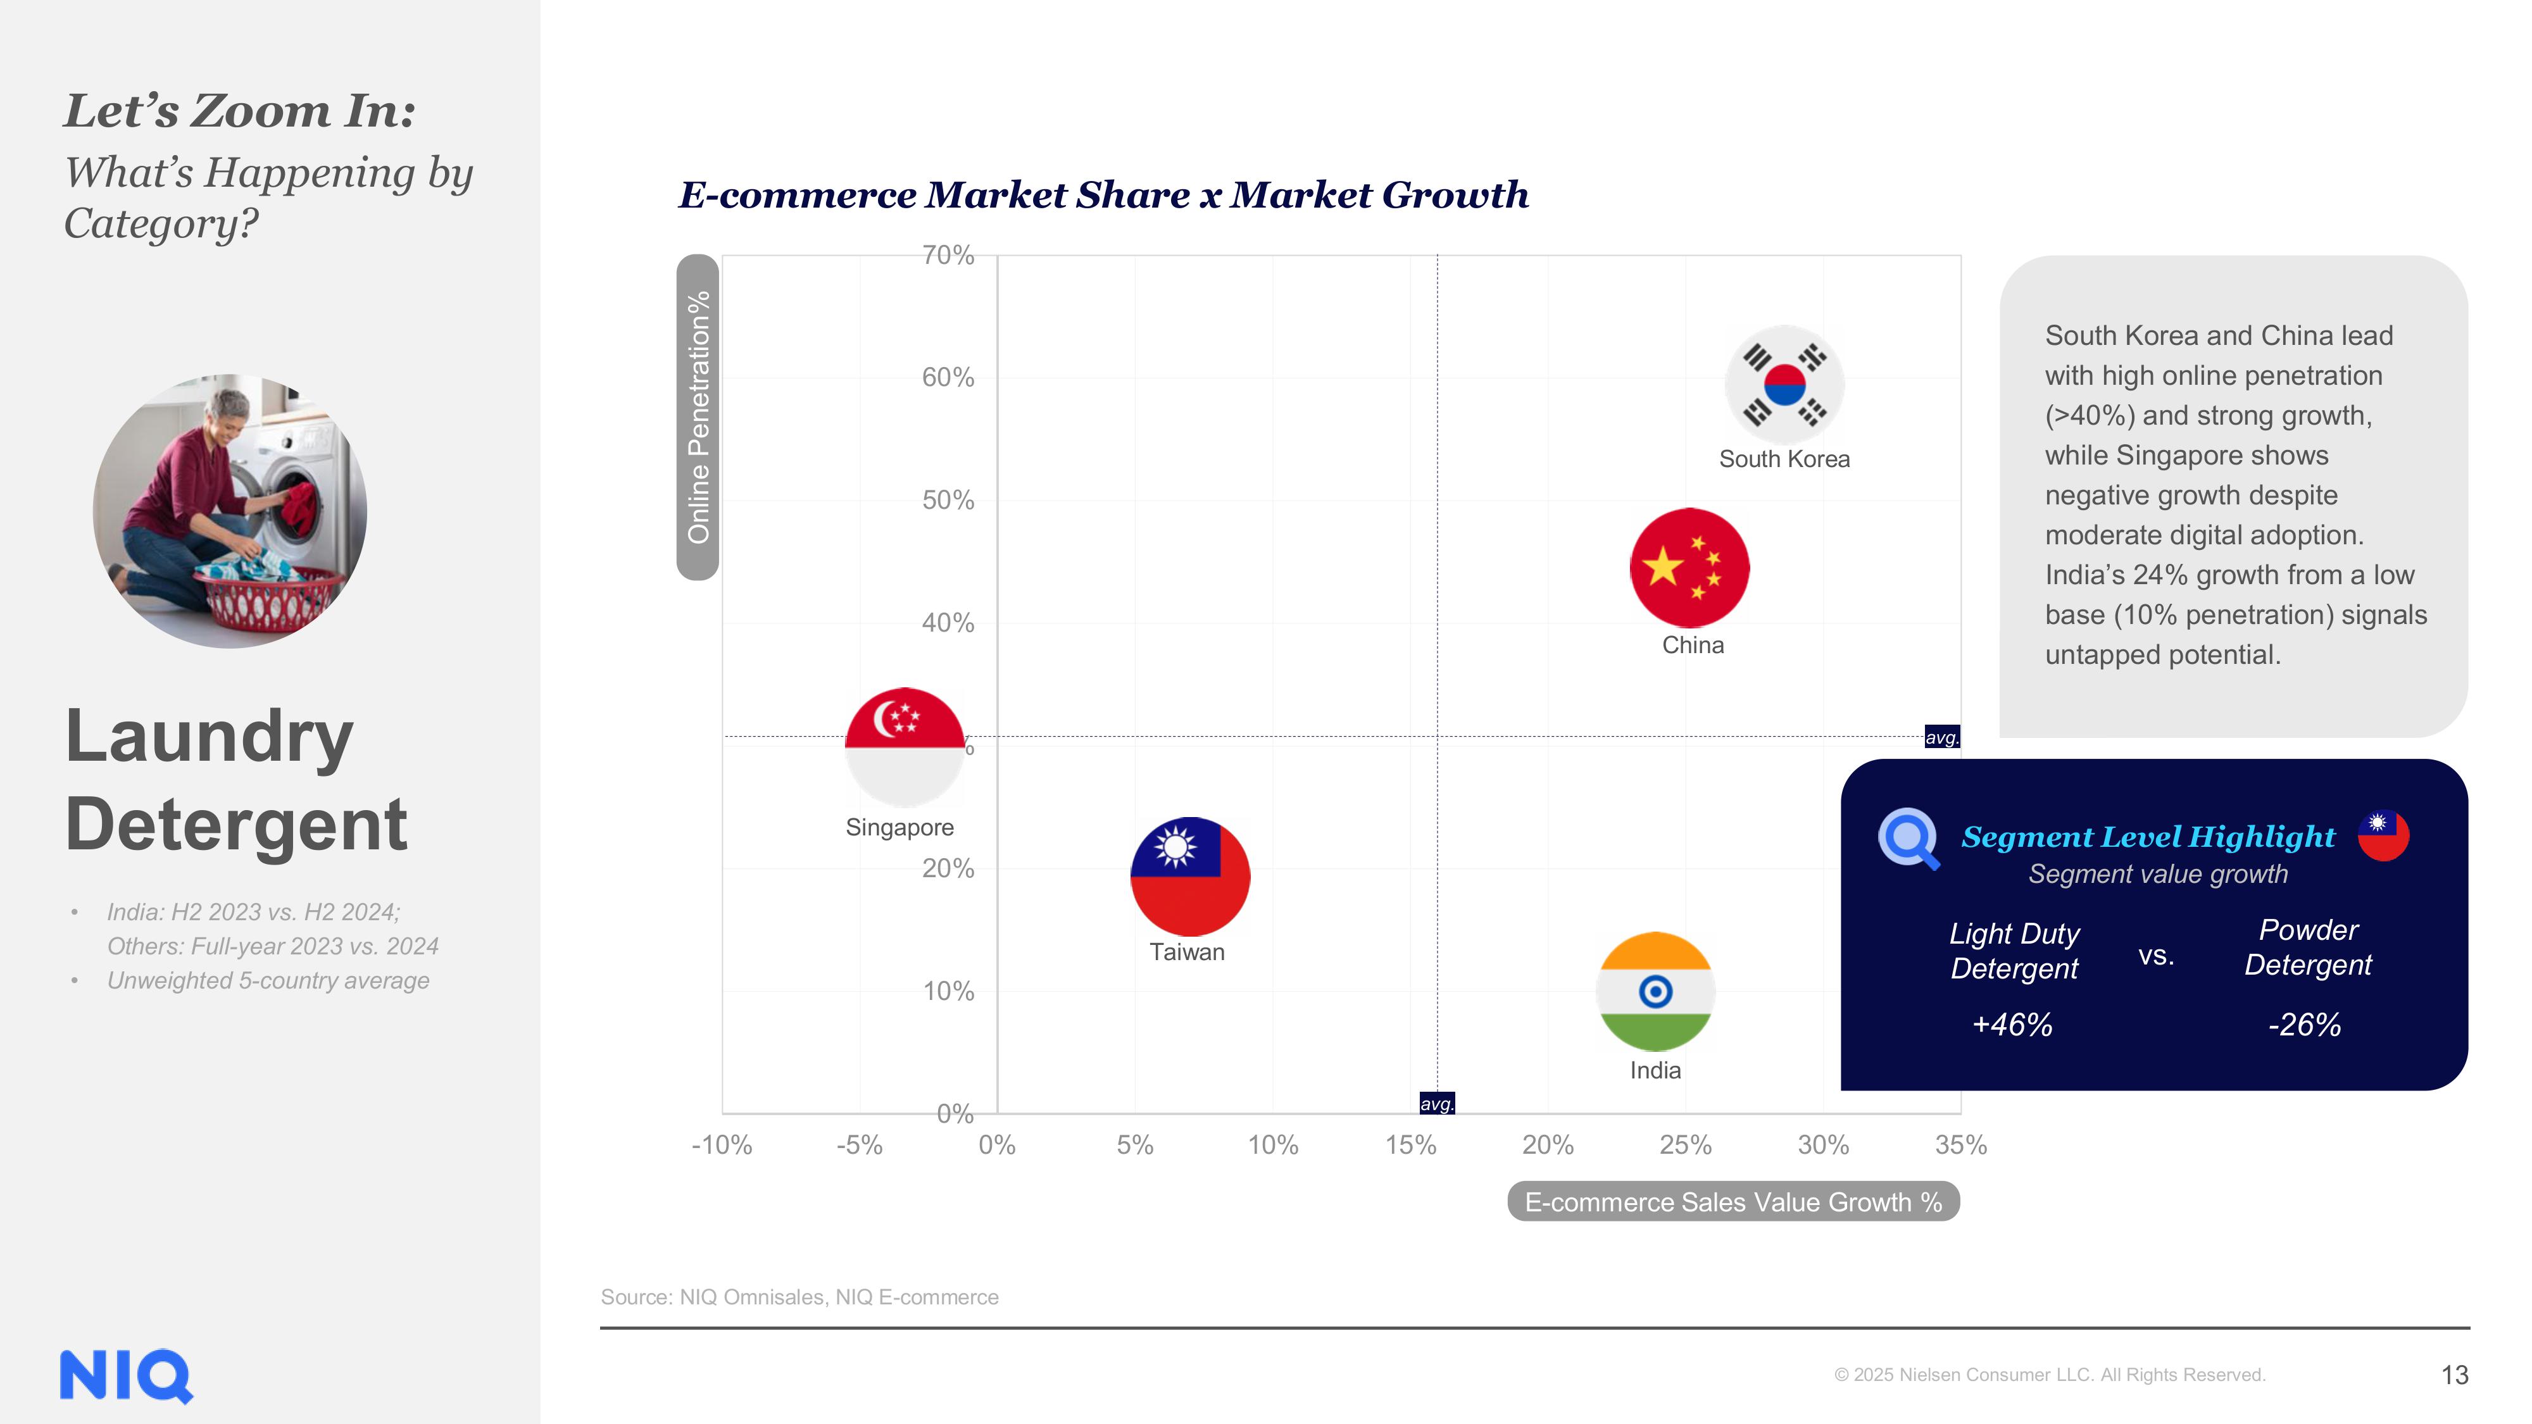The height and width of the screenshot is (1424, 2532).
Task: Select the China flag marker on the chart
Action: click(1689, 568)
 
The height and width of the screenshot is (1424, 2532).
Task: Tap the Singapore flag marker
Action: click(905, 747)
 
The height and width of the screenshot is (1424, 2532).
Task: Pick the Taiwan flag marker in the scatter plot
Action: click(1189, 877)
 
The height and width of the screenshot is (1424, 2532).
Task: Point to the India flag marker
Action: click(1656, 992)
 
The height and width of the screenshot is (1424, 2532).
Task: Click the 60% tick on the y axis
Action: click(948, 377)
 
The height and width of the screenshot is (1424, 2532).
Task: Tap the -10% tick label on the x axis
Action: click(722, 1145)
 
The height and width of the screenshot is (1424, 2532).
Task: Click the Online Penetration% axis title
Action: click(698, 416)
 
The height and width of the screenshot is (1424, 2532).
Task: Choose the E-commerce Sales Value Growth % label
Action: click(1733, 1202)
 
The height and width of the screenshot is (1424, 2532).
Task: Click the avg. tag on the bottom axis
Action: click(1437, 1104)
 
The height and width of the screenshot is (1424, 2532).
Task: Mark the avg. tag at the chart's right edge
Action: click(1941, 737)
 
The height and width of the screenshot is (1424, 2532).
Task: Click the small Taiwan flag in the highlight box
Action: click(2384, 835)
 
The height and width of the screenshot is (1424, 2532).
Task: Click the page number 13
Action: click(2454, 1375)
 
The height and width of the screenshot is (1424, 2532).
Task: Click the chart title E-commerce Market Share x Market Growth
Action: click(1103, 194)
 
